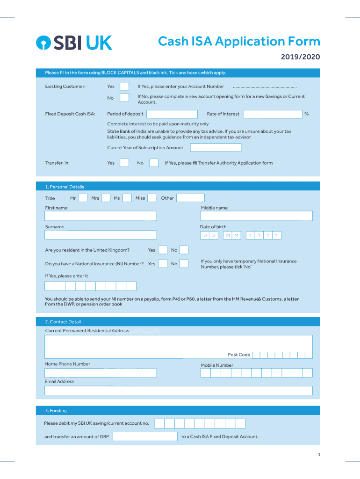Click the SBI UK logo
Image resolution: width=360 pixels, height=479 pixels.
click(x=74, y=43)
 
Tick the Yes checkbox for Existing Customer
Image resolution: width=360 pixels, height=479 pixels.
click(x=124, y=86)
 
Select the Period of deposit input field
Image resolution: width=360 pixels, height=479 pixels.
click(x=172, y=114)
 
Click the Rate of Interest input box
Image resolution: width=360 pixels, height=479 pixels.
click(x=273, y=114)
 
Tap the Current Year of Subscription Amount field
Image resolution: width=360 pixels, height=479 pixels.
click(x=216, y=148)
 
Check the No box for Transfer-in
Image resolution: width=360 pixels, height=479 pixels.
click(x=153, y=163)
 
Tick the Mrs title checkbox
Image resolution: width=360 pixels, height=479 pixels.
click(x=106, y=198)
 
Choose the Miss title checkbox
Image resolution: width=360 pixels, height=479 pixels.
click(x=152, y=198)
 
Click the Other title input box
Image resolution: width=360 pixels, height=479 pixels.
click(x=190, y=198)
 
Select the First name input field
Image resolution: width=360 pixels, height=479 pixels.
click(x=101, y=216)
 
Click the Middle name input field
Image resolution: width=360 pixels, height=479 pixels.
click(x=256, y=216)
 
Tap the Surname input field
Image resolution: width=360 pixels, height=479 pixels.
click(x=101, y=235)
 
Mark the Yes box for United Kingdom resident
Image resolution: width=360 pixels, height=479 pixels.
click(x=163, y=250)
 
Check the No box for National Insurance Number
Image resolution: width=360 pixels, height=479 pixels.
click(x=184, y=264)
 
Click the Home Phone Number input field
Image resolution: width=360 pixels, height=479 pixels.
click(x=101, y=373)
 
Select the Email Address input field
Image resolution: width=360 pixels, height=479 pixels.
click(x=179, y=391)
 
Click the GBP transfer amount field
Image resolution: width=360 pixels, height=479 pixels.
click(x=144, y=436)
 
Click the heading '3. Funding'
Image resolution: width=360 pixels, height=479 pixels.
click(x=56, y=411)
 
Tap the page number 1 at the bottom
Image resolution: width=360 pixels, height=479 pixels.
click(x=319, y=455)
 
